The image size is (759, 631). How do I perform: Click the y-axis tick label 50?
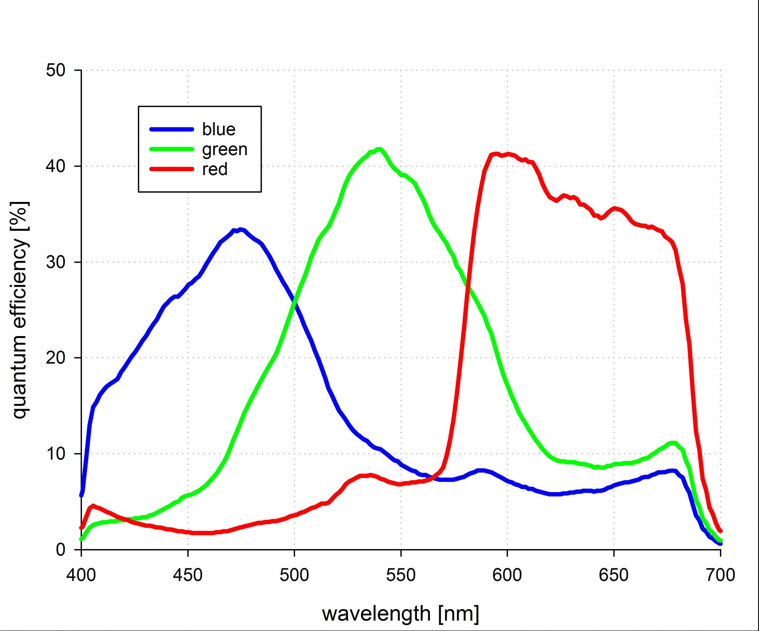click(x=56, y=70)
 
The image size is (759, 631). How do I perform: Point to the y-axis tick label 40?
click(x=56, y=166)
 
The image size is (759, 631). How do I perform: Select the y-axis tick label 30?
click(x=56, y=262)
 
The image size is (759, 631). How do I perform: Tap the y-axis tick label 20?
click(x=56, y=358)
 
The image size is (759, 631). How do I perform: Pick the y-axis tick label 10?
click(x=56, y=454)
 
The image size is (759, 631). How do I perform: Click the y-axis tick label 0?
click(x=61, y=549)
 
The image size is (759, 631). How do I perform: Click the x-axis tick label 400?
click(x=81, y=575)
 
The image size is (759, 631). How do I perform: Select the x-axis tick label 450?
click(x=188, y=575)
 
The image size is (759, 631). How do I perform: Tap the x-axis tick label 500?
click(x=294, y=575)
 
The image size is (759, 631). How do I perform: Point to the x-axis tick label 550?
click(x=401, y=575)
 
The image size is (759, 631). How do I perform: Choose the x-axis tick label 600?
click(x=507, y=575)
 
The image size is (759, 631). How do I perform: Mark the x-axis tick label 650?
click(x=614, y=575)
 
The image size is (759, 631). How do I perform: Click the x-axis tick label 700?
click(x=720, y=575)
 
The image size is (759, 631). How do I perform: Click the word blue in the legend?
click(x=219, y=129)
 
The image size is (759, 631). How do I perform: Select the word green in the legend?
click(x=225, y=150)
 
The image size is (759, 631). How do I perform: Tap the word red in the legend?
click(x=215, y=169)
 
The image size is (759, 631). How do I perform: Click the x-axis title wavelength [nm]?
click(x=401, y=614)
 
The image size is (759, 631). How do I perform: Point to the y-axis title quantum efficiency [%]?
click(x=19, y=310)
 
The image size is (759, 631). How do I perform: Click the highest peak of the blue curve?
click(x=241, y=230)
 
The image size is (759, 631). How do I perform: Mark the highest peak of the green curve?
click(x=379, y=149)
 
